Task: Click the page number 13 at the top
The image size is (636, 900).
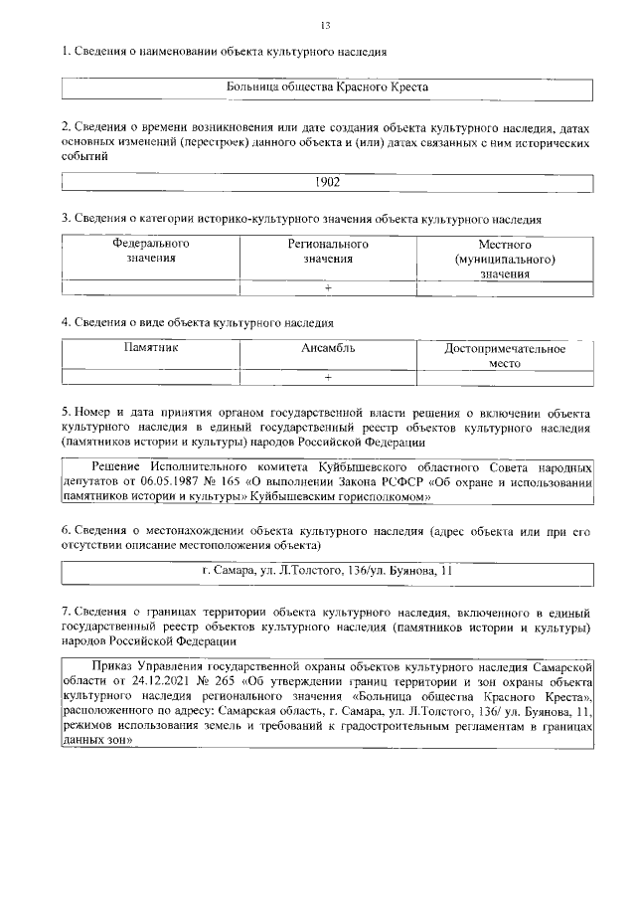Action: (x=326, y=25)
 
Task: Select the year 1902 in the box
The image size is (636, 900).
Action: (x=327, y=183)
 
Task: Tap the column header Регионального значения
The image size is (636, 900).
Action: (x=328, y=251)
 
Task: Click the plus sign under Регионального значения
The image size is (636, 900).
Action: (x=328, y=288)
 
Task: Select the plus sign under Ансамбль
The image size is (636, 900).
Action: (x=328, y=377)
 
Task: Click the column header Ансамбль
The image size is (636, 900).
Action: (x=328, y=348)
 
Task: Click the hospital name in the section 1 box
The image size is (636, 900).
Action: (x=327, y=88)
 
